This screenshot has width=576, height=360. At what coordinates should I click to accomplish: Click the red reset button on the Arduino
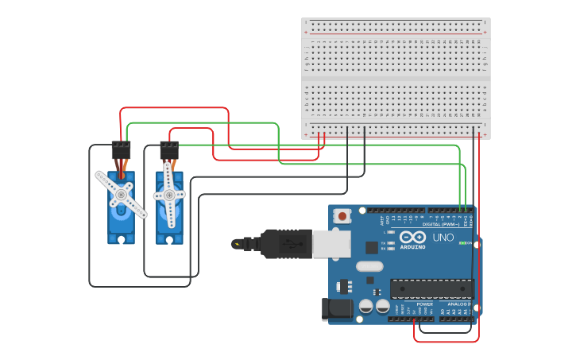(x=342, y=215)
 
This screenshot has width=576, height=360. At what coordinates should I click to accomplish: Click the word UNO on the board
(x=443, y=238)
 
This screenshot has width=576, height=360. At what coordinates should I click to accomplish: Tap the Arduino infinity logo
(x=413, y=238)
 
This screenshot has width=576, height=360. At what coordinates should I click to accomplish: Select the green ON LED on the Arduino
(x=462, y=243)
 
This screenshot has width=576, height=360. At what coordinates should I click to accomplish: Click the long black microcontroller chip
(x=431, y=290)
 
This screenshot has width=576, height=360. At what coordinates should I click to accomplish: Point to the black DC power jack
(x=334, y=309)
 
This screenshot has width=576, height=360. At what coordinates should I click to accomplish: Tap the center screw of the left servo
(x=122, y=193)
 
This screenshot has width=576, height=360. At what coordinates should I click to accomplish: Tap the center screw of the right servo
(x=169, y=194)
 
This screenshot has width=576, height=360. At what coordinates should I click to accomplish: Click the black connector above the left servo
(x=121, y=149)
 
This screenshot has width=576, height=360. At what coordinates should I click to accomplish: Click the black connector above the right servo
(x=169, y=149)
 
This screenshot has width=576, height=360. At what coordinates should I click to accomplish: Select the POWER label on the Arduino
(x=424, y=304)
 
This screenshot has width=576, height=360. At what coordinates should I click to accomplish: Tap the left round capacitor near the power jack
(x=365, y=306)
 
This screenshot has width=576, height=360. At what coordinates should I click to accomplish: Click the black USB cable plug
(x=286, y=244)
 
